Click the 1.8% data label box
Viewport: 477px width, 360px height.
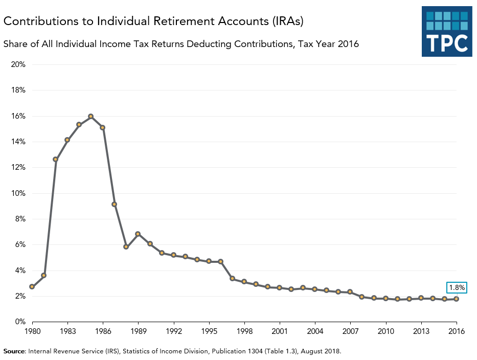point(457,288)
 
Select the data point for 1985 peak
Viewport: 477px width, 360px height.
point(91,116)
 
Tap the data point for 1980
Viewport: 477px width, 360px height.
point(32,286)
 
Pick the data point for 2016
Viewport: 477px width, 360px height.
point(457,299)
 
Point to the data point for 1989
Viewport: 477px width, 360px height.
point(138,234)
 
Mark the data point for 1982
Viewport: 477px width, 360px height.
point(56,159)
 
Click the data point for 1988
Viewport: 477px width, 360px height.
point(126,246)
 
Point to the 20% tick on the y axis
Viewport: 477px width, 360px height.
point(18,64)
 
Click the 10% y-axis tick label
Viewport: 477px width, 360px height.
point(18,193)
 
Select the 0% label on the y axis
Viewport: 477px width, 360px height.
point(20,322)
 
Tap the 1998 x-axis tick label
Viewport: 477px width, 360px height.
point(244,331)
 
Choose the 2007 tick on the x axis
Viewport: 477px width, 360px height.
point(350,331)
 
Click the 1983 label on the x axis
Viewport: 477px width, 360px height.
point(67,331)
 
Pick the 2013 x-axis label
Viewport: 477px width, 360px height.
point(421,331)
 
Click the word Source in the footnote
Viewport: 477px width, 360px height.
point(14,351)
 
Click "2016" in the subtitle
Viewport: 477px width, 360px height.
point(348,44)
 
